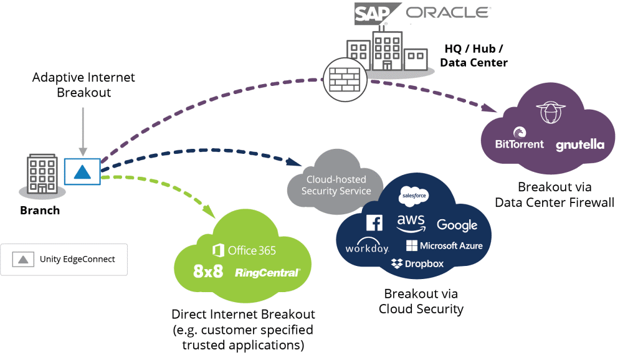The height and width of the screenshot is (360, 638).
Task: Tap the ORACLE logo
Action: click(x=447, y=12)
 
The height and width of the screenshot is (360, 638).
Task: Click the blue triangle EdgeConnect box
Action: click(x=82, y=171)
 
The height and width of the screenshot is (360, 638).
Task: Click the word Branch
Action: click(x=40, y=211)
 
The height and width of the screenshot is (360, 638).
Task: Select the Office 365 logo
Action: click(x=244, y=250)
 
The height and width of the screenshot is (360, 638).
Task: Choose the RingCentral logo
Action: click(x=268, y=273)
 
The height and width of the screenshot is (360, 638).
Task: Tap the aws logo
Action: click(x=411, y=223)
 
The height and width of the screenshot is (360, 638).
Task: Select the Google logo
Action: click(x=457, y=225)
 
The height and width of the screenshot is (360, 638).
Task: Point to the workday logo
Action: click(x=367, y=248)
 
